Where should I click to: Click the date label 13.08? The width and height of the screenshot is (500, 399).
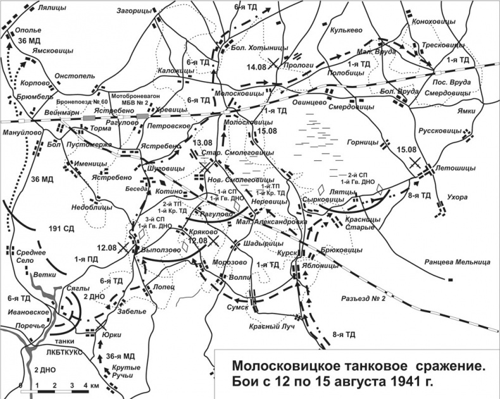[x=203, y=144]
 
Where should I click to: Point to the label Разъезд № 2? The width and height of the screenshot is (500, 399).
[x=363, y=299]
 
